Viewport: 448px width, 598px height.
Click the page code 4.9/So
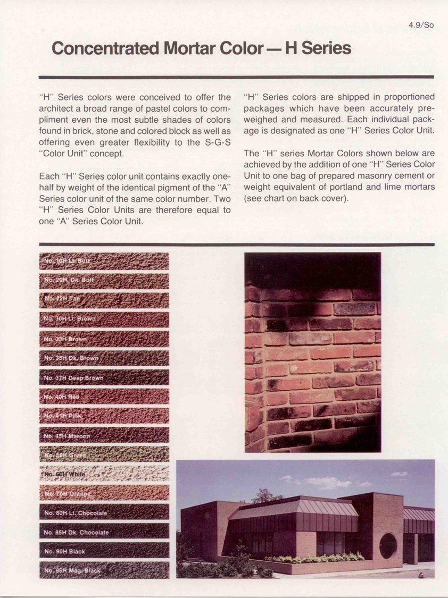pos(421,25)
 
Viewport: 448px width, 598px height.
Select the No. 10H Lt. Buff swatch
pos(104,261)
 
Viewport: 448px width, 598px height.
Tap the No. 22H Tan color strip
pos(104,300)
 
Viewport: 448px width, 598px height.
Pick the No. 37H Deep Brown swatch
pos(104,377)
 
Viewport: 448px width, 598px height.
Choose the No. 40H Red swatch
pos(104,396)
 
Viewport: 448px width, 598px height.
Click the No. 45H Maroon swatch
pos(104,435)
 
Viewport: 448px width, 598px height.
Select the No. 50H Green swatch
pos(104,454)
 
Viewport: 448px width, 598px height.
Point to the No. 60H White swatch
pos(104,473)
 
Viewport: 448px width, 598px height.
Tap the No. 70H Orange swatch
pos(104,492)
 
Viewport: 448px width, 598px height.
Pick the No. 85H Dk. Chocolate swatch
pos(104,531)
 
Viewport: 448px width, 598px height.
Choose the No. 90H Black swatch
pos(104,550)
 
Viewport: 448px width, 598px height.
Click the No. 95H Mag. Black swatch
pos(104,570)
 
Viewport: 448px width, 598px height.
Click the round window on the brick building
pos(387,546)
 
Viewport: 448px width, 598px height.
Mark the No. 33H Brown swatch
pos(104,339)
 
